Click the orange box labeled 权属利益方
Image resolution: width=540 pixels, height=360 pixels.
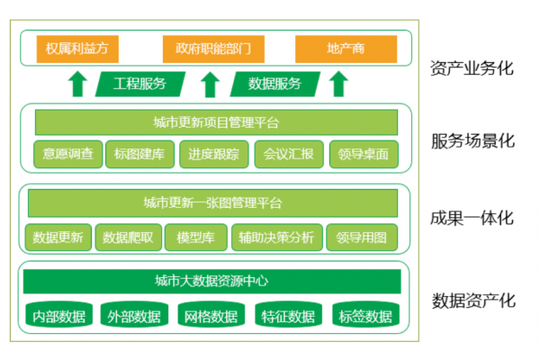click(77, 48)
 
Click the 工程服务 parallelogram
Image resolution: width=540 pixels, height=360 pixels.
click(140, 84)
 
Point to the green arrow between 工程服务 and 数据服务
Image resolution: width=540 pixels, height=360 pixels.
click(209, 85)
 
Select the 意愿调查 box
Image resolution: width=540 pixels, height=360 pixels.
click(67, 154)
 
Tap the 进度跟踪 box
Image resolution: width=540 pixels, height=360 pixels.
click(214, 154)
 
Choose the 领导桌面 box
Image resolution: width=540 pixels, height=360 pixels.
click(363, 154)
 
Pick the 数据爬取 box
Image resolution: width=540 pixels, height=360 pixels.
click(132, 237)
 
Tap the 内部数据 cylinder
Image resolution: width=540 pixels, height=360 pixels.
click(58, 315)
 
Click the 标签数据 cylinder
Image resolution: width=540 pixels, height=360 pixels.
click(364, 315)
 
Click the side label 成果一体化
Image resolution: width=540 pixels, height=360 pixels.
click(472, 219)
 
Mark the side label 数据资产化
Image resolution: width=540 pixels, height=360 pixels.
click(472, 301)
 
